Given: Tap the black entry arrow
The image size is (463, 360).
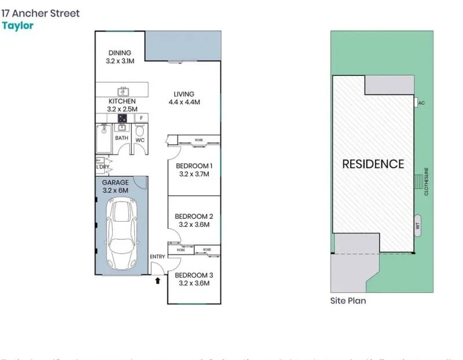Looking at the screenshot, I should point(157,281).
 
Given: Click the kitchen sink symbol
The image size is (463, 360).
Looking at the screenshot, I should point(123,91).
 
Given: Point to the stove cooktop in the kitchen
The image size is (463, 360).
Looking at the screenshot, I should point(123,118).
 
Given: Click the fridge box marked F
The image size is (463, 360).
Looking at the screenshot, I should point(141,118).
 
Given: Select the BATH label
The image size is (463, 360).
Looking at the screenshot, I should point(122,138).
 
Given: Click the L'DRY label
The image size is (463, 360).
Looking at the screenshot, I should point(102,167).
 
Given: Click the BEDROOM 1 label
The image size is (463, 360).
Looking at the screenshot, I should point(194,166).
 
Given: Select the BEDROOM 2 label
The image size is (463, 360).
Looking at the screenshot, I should point(194,217).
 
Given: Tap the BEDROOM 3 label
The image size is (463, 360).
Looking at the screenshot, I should point(194,275).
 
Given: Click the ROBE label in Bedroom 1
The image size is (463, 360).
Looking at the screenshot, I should point(199,139).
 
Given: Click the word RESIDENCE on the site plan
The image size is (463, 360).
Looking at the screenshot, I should point(373,164).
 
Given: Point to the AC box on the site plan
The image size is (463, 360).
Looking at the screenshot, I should point(421,102).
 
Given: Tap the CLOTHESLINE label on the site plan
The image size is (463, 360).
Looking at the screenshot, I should point(427,181).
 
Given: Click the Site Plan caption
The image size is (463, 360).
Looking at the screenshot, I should point(348,301).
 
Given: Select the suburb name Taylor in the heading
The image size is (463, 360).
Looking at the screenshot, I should point(17,25).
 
